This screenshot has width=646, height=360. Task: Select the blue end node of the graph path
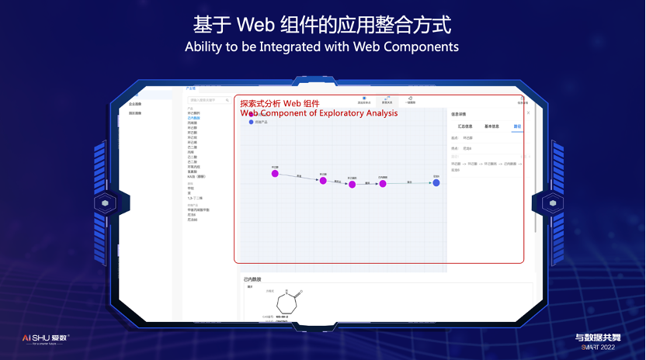click(x=436, y=183)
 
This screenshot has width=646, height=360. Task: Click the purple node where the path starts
click(x=275, y=174)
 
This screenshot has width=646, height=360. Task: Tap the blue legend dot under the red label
click(x=251, y=123)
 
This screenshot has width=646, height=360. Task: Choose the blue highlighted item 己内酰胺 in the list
click(x=193, y=118)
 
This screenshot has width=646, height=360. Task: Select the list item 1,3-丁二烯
click(x=196, y=199)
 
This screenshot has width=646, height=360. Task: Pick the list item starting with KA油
click(x=196, y=176)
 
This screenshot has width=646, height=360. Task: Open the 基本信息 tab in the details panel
click(x=492, y=126)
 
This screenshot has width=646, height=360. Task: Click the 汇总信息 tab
click(x=465, y=126)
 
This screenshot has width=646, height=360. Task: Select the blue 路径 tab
click(x=517, y=126)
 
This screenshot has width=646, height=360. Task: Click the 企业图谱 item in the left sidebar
click(x=135, y=103)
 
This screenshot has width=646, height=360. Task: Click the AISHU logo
click(x=45, y=338)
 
